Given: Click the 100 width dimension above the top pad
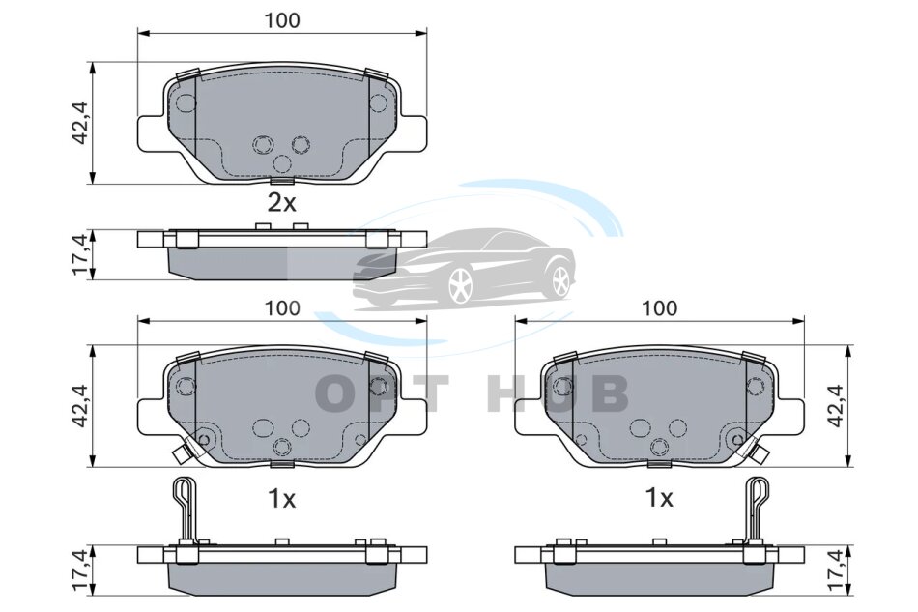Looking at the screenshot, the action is tap(281, 20).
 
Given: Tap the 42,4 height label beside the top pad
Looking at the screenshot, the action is tap(79, 123).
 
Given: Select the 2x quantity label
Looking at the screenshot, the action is tap(281, 203).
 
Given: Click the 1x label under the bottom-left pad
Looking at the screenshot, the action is tap(281, 499).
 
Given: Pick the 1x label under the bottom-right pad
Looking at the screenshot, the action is tap(659, 499).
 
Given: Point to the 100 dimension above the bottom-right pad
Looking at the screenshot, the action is tap(659, 308).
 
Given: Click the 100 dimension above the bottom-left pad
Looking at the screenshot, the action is tap(281, 308).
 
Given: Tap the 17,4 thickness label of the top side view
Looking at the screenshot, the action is tap(79, 255).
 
